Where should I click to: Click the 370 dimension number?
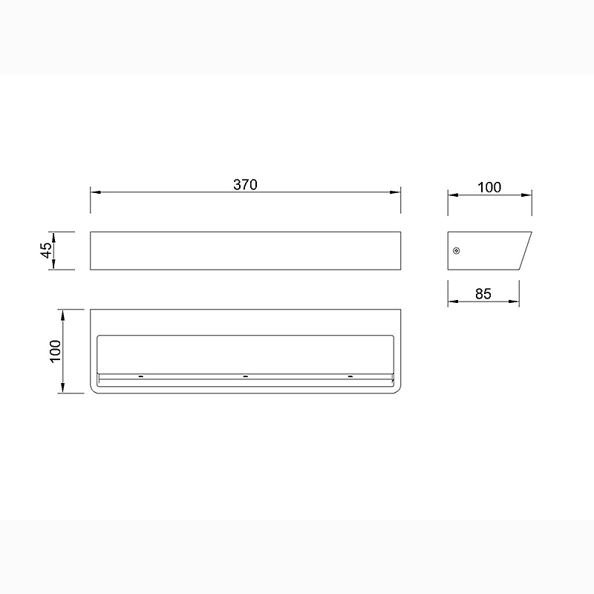pyautogui.click(x=245, y=184)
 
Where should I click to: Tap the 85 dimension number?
pyautogui.click(x=483, y=294)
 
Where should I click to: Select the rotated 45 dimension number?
pyautogui.click(x=46, y=250)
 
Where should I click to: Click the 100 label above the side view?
pyautogui.click(x=489, y=187)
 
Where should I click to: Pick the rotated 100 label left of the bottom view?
pyautogui.click(x=55, y=351)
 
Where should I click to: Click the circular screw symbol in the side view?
pyautogui.click(x=457, y=250)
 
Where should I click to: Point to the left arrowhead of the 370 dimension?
pyautogui.click(x=96, y=192)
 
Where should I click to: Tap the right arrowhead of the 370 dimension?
pyautogui.click(x=395, y=192)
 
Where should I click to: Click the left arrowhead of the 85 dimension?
pyautogui.click(x=454, y=301)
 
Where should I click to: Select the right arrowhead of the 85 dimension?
pyautogui.click(x=514, y=301)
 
